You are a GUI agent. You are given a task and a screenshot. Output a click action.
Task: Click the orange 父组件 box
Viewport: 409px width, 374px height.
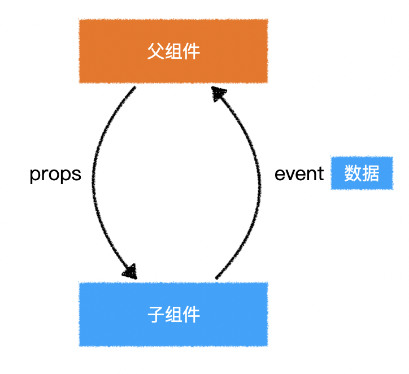pyautogui.click(x=173, y=51)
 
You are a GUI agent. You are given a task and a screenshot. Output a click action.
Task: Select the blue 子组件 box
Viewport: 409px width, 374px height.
pyautogui.click(x=173, y=314)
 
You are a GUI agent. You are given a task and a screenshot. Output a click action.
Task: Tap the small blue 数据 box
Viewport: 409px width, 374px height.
pyautogui.click(x=362, y=173)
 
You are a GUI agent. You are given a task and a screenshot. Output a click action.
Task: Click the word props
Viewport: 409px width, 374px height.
pyautogui.click(x=55, y=175)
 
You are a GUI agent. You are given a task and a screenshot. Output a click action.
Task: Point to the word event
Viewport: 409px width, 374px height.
pyautogui.click(x=299, y=174)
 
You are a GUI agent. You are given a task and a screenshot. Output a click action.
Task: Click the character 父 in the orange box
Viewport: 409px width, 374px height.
pyautogui.click(x=155, y=52)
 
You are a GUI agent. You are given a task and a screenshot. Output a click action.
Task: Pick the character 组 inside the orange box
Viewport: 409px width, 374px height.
pyautogui.click(x=173, y=52)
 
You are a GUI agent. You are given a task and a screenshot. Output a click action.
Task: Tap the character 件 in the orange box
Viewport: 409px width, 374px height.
pyautogui.click(x=192, y=52)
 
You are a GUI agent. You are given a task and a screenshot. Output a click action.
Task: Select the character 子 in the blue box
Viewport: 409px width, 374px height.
pyautogui.click(x=155, y=314)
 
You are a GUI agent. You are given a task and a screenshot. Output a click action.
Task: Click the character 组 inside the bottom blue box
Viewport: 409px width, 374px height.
pyautogui.click(x=173, y=314)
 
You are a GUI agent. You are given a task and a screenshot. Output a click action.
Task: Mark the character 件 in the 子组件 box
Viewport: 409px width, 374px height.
pyautogui.click(x=192, y=314)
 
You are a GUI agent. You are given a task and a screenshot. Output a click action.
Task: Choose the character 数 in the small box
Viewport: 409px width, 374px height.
pyautogui.click(x=353, y=173)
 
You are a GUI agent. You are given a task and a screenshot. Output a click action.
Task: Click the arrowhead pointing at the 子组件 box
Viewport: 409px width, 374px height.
pyautogui.click(x=130, y=271)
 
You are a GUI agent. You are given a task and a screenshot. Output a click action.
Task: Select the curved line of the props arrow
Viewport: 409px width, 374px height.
pyautogui.click(x=93, y=181)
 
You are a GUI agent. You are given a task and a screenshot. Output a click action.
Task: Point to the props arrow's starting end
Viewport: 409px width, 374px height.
pyautogui.click(x=134, y=88)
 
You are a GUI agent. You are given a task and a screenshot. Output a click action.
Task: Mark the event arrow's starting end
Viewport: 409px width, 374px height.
pyautogui.click(x=217, y=277)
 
